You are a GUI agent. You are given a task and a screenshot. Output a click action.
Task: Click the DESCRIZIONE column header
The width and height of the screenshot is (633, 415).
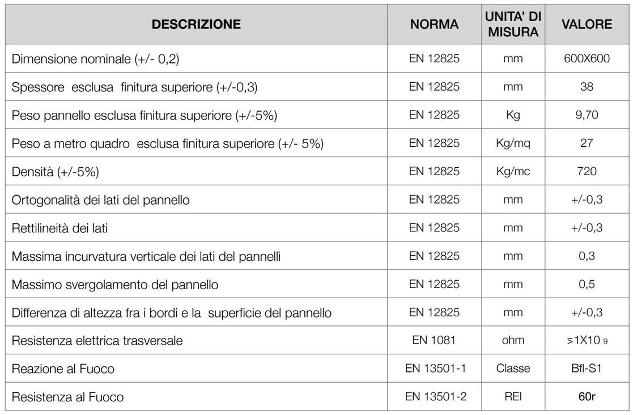click(x=197, y=24)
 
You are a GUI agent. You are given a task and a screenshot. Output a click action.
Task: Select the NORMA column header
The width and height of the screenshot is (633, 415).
click(x=435, y=24)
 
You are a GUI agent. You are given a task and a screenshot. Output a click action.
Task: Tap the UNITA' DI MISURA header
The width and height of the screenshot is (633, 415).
click(x=512, y=25)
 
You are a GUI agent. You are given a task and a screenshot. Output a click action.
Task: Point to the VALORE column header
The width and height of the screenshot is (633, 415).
click(x=587, y=24)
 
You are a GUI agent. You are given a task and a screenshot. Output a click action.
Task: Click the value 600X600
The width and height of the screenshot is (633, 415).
click(x=587, y=58)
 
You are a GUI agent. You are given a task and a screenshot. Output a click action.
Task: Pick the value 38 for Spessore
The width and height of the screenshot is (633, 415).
click(x=587, y=87)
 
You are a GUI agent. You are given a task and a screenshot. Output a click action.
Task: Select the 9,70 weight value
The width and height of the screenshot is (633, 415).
click(x=587, y=115)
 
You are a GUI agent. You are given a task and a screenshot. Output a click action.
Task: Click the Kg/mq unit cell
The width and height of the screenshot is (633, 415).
click(x=512, y=143)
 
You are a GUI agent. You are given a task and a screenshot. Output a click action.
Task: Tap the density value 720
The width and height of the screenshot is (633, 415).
click(x=587, y=171)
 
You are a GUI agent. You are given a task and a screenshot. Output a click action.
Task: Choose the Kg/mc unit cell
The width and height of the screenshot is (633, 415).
click(x=512, y=171)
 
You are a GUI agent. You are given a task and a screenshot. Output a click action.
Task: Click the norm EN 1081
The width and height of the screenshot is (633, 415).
click(x=435, y=341)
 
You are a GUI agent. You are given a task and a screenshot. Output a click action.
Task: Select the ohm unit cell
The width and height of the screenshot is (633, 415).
click(x=512, y=341)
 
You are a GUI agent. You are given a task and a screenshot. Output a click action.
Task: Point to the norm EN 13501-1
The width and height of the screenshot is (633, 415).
click(x=435, y=369)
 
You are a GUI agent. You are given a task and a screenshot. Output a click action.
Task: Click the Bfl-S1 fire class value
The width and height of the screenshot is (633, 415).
click(x=587, y=369)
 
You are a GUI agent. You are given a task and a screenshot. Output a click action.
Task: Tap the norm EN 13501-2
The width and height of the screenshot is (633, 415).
click(x=435, y=397)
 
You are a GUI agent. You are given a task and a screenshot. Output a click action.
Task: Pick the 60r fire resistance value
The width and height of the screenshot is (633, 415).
click(x=587, y=397)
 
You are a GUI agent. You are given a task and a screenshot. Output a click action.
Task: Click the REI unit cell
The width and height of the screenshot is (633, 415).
click(x=512, y=397)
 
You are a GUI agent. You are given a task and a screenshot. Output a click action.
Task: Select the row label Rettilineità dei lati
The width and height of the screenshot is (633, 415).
click(x=60, y=228)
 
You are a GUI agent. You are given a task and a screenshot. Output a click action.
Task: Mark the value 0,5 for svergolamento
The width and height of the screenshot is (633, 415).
click(x=587, y=284)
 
